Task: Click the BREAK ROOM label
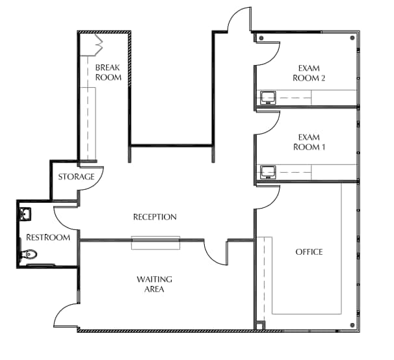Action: click(109, 72)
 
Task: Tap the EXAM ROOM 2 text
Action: click(311, 73)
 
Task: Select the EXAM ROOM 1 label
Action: click(311, 142)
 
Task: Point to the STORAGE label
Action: click(77, 177)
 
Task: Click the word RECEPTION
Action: click(155, 217)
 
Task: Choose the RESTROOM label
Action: click(47, 238)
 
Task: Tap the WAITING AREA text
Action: click(154, 284)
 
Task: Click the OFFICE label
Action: click(309, 252)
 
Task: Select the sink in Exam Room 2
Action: click(267, 98)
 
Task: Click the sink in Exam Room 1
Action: click(267, 172)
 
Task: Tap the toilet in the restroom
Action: click(29, 255)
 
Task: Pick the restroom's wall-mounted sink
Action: click(25, 213)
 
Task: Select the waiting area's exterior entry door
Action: click(66, 315)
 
